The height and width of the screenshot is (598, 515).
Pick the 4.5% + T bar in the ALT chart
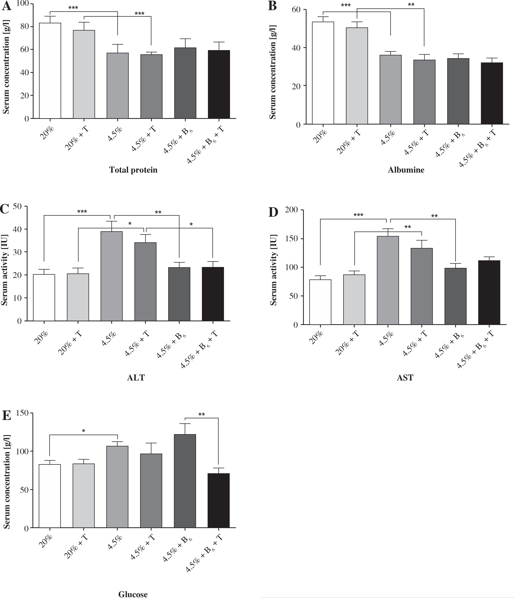145,281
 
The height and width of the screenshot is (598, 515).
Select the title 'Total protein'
133,170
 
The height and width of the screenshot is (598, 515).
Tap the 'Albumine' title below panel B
406,170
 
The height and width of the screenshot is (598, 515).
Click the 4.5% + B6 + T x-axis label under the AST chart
476,349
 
